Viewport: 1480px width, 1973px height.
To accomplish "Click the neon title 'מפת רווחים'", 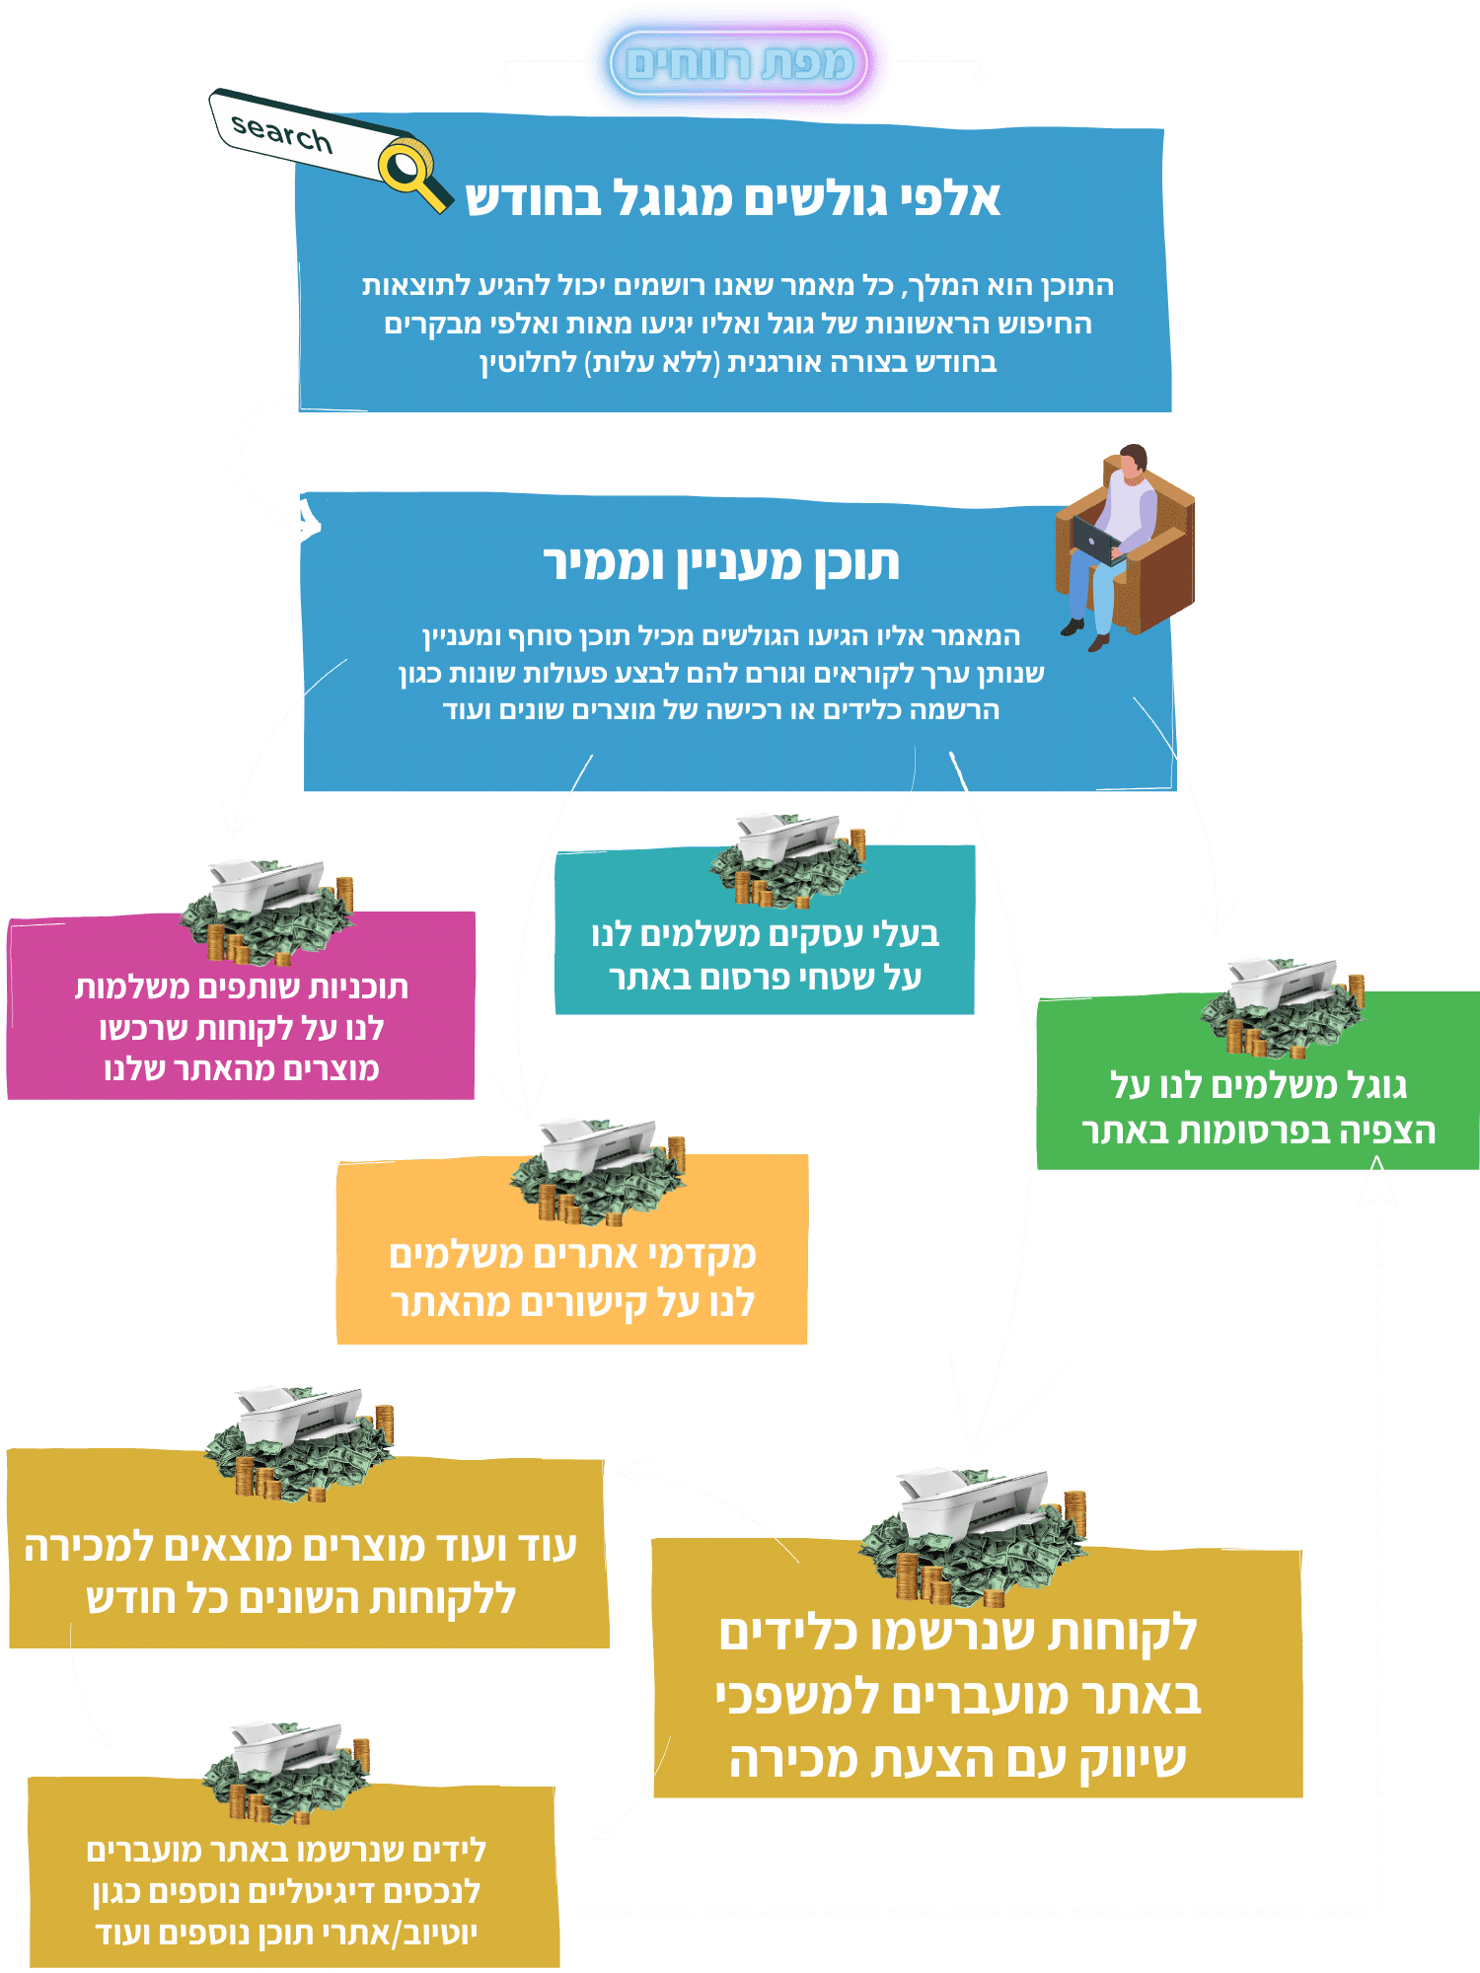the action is click(x=739, y=64).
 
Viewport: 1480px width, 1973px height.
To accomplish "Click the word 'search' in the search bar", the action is click(x=281, y=132).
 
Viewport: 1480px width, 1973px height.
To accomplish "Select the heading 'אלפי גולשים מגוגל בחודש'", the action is click(x=733, y=199).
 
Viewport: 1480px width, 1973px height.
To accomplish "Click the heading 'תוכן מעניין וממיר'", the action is click(x=721, y=563).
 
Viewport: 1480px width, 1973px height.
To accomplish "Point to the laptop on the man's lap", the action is click(x=1098, y=542).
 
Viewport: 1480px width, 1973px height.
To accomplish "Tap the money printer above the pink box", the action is click(x=266, y=911).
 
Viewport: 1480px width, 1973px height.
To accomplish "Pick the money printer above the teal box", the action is click(x=787, y=859).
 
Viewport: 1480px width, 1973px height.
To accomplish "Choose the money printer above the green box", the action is click(x=1283, y=1005).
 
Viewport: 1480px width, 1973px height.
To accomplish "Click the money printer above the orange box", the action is click(x=598, y=1171).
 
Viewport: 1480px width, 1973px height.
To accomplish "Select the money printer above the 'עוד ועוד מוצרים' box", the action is click(x=300, y=1442).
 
